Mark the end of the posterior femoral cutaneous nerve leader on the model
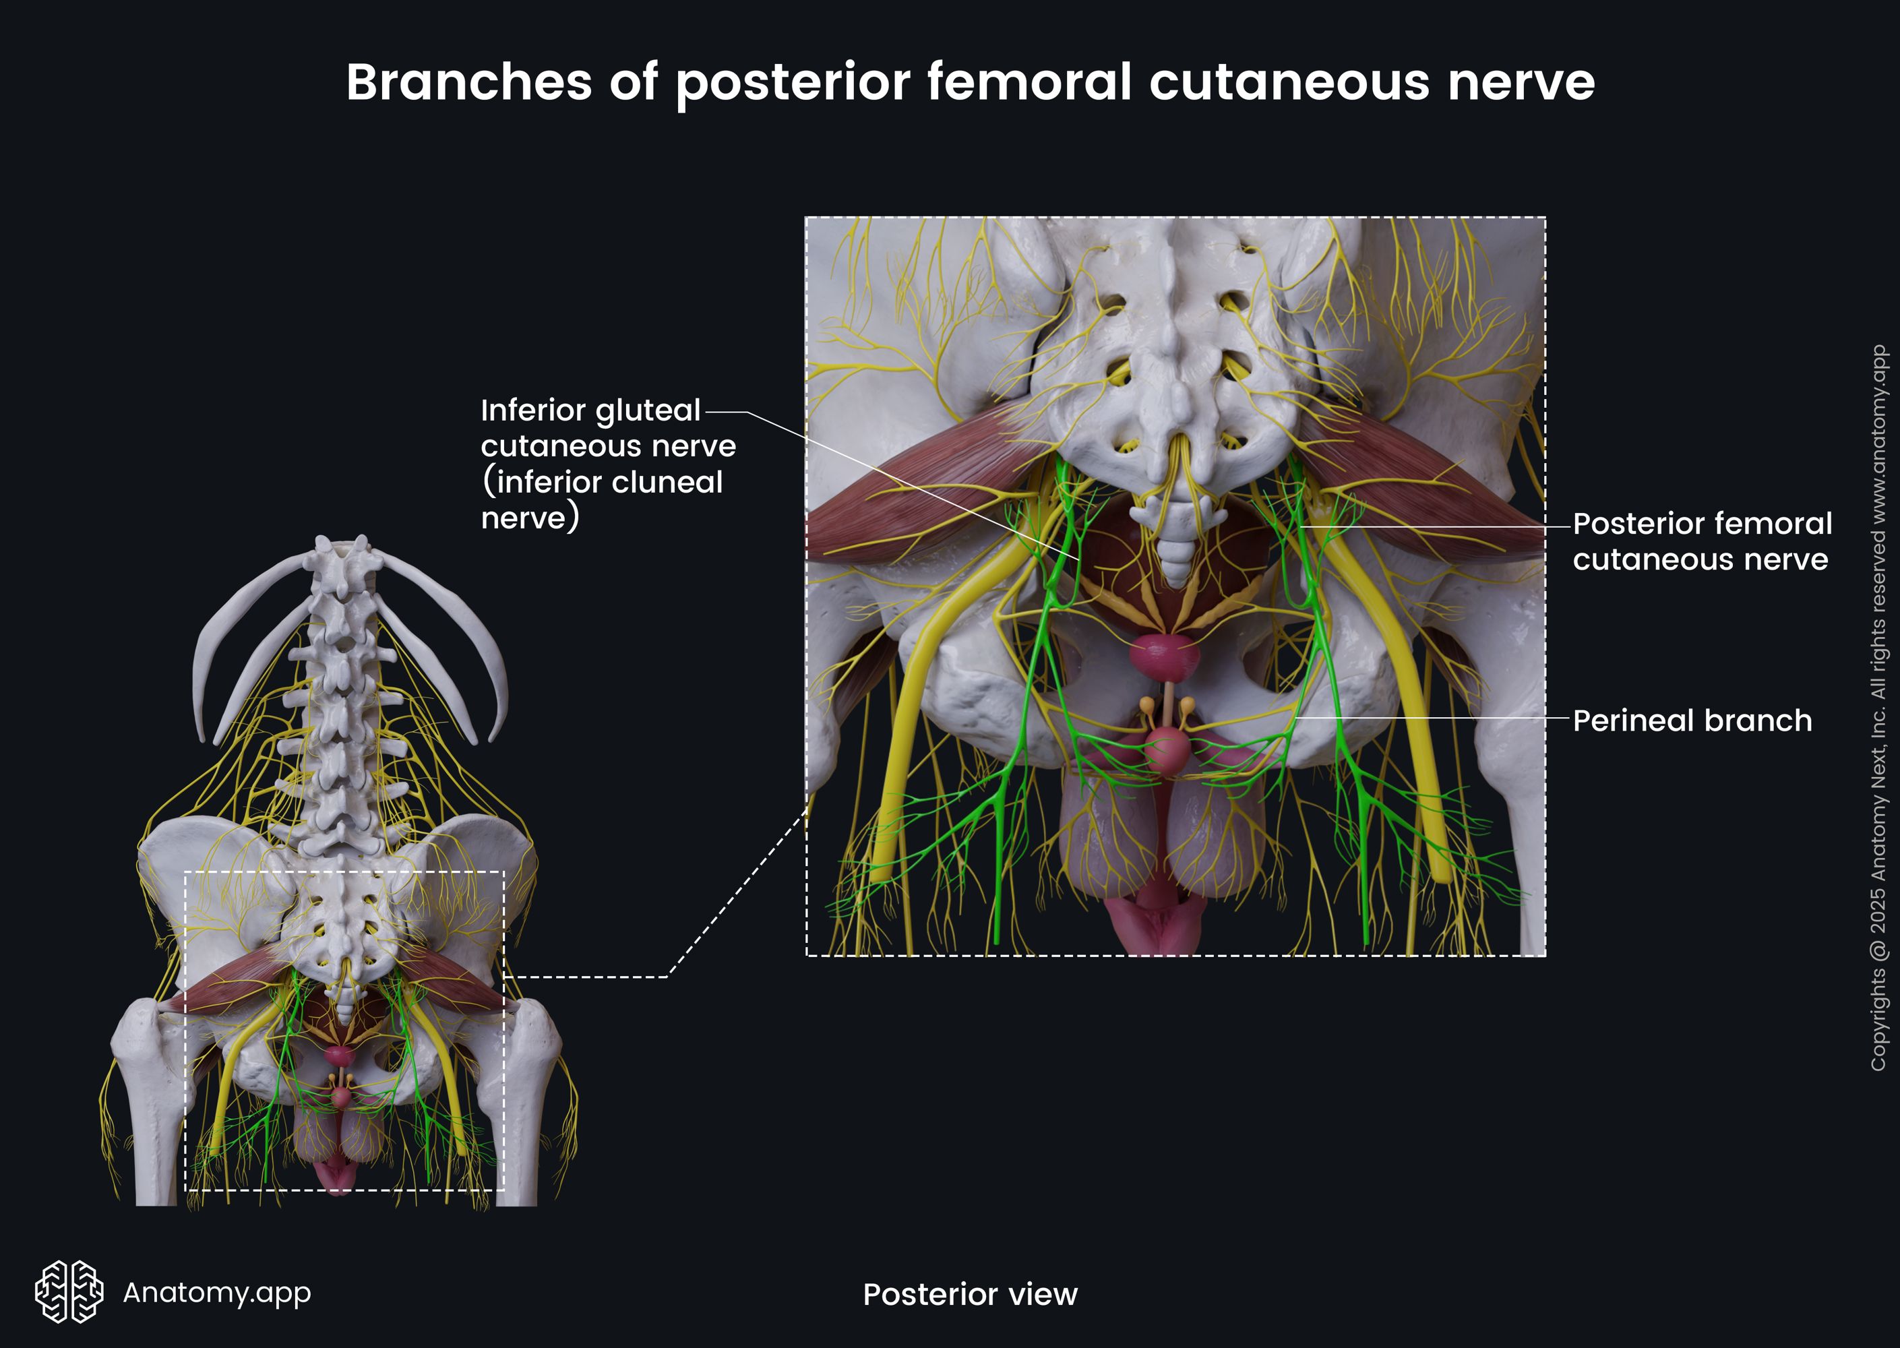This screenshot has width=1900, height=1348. click(1301, 526)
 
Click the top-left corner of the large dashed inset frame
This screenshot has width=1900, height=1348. click(807, 218)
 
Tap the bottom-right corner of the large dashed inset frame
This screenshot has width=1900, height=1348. click(1545, 955)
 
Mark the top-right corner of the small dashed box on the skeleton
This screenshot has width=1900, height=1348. click(504, 872)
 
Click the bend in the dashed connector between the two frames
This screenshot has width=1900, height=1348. click(667, 976)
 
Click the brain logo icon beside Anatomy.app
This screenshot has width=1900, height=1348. click(69, 1291)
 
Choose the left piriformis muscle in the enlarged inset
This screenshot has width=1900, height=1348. click(921, 485)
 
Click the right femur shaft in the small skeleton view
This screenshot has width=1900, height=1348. click(520, 1112)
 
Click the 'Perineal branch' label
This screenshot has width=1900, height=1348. click(1692, 721)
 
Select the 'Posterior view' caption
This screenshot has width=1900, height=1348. click(971, 1294)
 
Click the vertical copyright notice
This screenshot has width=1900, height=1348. click(1878, 707)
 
